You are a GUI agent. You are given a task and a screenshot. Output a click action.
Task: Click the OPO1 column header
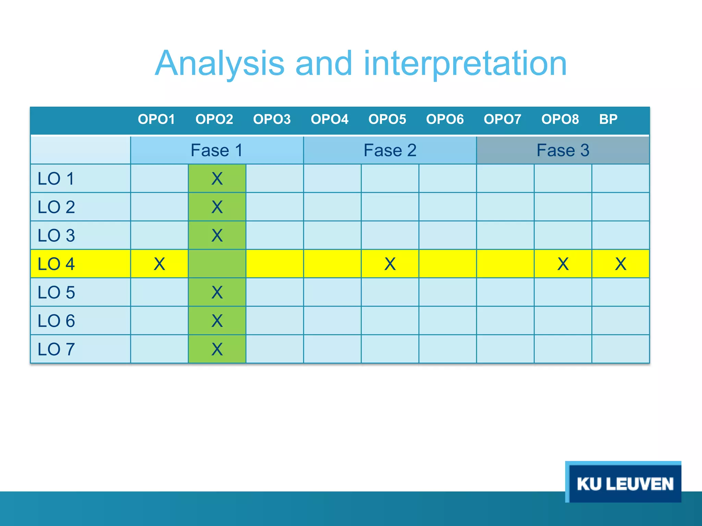156,119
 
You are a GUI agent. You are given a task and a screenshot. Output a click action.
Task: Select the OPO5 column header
387,119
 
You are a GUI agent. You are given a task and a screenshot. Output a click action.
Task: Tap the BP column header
608,119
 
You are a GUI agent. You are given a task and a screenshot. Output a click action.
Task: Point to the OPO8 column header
560,119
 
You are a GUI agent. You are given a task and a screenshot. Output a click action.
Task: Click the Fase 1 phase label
217,150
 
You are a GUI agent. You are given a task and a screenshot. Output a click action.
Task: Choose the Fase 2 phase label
390,150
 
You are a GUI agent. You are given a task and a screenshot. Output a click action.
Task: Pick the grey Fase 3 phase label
562,150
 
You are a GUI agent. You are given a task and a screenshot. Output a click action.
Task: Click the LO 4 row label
56,264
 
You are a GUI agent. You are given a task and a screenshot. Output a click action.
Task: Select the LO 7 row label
56,349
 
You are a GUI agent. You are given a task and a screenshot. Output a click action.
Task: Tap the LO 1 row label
56,179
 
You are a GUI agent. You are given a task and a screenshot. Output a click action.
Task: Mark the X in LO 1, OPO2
217,179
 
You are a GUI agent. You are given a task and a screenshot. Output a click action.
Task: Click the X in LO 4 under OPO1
159,264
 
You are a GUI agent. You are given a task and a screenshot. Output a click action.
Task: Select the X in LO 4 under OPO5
390,264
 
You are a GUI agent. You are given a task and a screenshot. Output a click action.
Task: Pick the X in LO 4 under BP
620,264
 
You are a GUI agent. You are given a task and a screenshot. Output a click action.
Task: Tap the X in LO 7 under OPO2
217,349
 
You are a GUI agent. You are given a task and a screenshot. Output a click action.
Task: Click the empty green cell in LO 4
217,264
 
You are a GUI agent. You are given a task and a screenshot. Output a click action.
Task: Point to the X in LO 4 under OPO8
563,264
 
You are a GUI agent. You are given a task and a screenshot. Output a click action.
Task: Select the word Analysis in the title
219,64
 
